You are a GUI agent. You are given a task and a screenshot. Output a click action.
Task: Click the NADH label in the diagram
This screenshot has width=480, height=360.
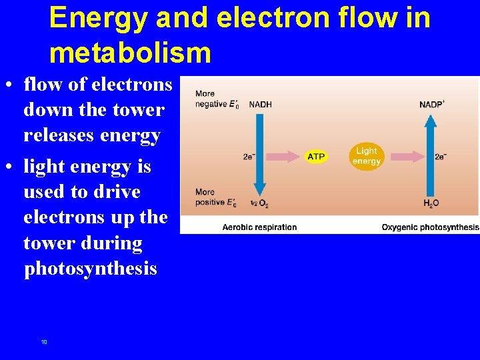[260, 104]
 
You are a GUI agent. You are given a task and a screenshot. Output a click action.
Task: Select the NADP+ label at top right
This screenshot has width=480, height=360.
[432, 104]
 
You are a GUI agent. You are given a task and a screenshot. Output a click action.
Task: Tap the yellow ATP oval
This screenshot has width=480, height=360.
[316, 157]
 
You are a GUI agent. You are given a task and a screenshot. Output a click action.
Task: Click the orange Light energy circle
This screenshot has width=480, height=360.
[367, 157]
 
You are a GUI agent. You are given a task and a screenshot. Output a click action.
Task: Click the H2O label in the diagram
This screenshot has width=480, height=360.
[431, 203]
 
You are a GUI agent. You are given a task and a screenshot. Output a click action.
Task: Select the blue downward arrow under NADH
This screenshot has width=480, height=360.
[260, 153]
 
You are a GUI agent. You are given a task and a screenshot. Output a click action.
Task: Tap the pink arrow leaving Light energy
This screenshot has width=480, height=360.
[405, 157]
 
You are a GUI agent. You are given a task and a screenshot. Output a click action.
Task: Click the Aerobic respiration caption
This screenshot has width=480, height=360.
[259, 227]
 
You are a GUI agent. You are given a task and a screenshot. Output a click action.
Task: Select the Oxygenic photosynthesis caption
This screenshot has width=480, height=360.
[430, 227]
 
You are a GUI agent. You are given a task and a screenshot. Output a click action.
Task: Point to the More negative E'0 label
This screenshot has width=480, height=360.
[216, 99]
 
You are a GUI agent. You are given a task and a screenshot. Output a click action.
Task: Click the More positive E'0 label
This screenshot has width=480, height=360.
[215, 197]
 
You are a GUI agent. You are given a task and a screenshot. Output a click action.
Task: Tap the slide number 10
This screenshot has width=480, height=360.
[44, 342]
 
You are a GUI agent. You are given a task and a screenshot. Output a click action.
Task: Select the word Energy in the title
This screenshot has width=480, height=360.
[99, 18]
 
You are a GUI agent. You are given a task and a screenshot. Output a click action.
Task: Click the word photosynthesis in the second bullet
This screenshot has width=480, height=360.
[90, 269]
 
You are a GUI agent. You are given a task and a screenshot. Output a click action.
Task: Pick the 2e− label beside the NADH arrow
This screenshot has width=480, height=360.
[249, 157]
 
